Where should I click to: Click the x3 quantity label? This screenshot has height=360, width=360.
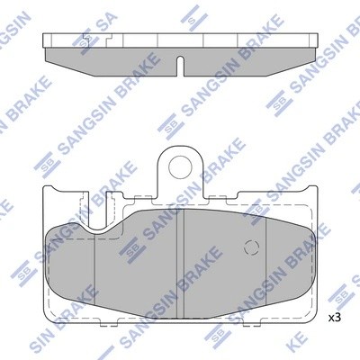pyautogui.click(x=334, y=318)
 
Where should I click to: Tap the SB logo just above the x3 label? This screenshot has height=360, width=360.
pyautogui.click(x=339, y=293)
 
